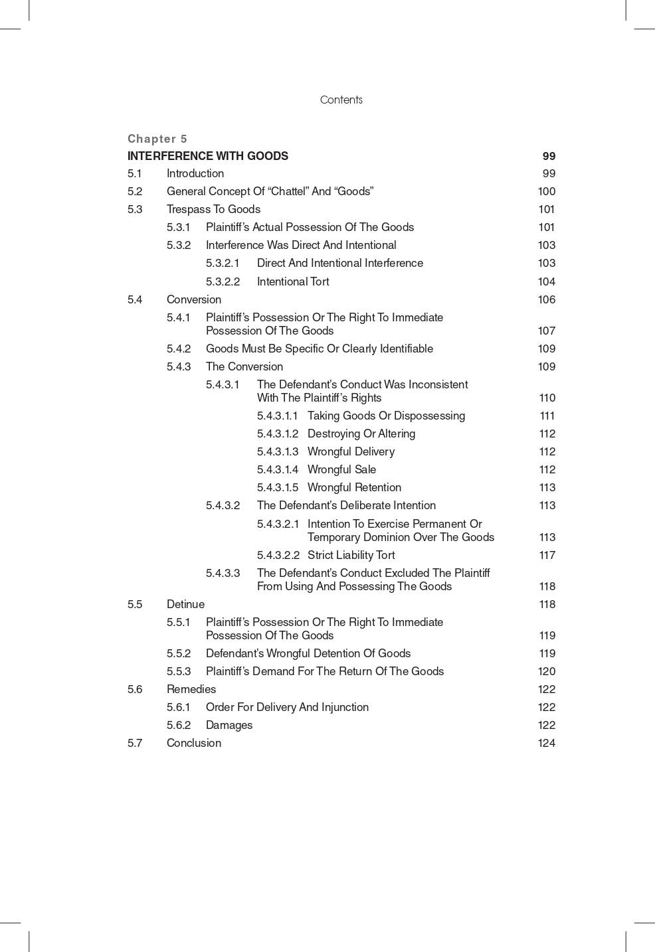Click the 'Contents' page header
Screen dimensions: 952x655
pos(341,100)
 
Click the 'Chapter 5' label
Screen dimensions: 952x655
pos(157,139)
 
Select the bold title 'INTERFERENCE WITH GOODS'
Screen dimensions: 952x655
pos(208,156)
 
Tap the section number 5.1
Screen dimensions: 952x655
pos(135,174)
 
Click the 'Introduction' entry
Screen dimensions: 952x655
pos(195,174)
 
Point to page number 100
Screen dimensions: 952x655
pos(547,192)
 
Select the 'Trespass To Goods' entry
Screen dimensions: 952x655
pos(213,210)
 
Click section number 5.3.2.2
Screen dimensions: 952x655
pos(223,281)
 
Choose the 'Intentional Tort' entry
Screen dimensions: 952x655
pos(293,281)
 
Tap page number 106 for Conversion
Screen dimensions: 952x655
pos(547,299)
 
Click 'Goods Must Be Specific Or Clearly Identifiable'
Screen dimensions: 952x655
pos(320,349)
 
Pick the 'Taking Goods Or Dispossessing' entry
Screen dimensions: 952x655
pos(386,416)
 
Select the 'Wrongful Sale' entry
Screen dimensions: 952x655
pos(341,470)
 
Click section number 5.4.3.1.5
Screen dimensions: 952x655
pos(278,488)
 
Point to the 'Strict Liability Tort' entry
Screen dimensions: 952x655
pos(351,556)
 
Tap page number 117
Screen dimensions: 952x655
pos(547,556)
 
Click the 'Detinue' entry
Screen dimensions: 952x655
pos(185,605)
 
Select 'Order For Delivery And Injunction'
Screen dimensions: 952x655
pos(287,708)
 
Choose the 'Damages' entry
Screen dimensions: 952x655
pos(229,726)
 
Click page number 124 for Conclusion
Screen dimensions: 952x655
pos(547,744)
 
